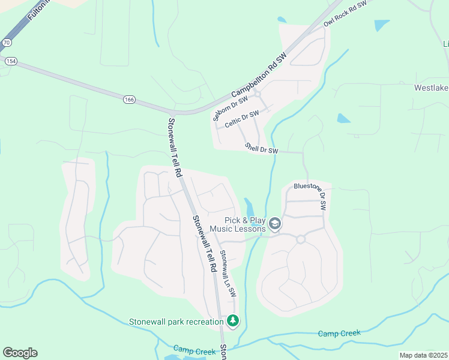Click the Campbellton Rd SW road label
click(259, 74)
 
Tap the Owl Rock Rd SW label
click(345, 13)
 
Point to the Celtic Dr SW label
click(242, 118)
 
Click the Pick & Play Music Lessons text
click(244, 225)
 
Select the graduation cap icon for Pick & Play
click(275, 224)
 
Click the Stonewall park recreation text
click(176, 322)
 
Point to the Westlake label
click(431, 88)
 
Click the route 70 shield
click(6, 43)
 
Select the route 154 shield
click(10, 61)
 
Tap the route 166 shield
click(129, 100)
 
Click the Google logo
click(20, 353)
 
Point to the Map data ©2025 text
click(423, 355)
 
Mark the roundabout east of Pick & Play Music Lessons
click(301, 239)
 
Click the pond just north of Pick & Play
click(249, 205)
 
